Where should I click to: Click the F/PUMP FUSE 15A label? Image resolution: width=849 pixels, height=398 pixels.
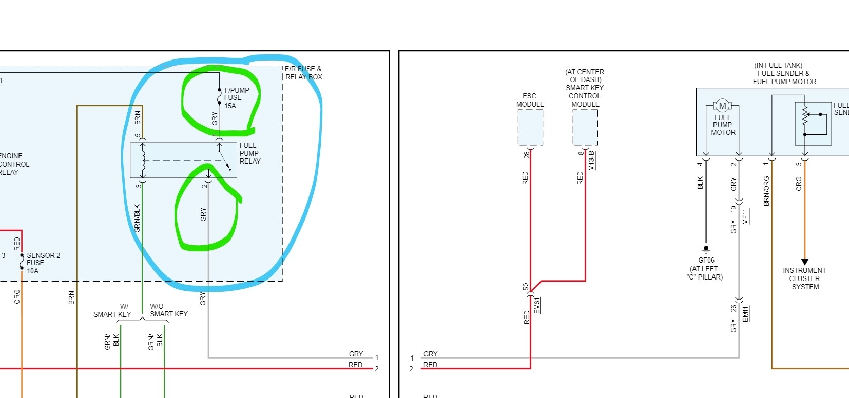pos(236,98)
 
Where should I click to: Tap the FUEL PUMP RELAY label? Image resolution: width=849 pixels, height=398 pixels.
pos(249,153)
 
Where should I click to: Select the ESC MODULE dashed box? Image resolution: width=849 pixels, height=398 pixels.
pos(530,128)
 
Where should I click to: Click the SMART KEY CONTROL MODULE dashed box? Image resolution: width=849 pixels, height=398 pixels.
pos(585,128)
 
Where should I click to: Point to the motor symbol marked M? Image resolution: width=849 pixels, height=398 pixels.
pos(723,106)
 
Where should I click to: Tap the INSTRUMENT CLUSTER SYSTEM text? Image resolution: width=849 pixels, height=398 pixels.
pos(804,278)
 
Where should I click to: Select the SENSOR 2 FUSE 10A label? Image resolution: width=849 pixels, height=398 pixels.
pos(43,263)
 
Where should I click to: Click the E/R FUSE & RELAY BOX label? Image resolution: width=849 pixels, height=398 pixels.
pos(303,73)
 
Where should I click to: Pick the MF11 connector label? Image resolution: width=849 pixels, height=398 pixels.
pos(746,216)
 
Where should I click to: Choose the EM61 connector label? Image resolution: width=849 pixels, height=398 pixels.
pos(537,305)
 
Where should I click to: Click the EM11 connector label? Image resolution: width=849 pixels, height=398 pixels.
pos(746,313)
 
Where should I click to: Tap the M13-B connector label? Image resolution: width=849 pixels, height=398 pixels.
pos(591,161)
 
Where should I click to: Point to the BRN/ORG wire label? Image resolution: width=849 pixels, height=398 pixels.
pos(766,191)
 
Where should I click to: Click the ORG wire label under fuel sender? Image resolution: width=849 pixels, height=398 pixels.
pos(799,184)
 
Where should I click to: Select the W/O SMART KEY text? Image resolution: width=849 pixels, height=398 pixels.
pos(168,310)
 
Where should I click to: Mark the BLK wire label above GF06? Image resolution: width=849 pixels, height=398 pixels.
pos(700,183)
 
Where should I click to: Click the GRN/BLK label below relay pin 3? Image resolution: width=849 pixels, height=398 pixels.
pos(137,218)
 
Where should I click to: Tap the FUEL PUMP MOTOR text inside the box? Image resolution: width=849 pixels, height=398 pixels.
pos(723,125)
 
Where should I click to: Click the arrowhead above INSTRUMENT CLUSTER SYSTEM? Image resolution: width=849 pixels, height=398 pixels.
pos(805,262)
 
